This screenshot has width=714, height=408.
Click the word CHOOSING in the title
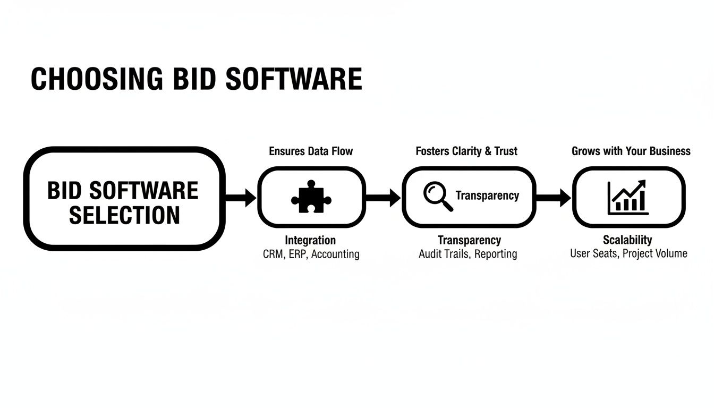click(97, 79)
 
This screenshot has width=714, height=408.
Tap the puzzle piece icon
click(311, 197)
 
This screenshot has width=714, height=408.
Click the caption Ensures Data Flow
click(311, 151)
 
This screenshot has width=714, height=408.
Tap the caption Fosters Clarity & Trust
click(466, 151)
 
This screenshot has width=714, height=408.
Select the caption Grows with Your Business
click(631, 151)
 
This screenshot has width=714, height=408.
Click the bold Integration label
click(310, 240)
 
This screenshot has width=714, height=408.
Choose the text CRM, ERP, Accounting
click(311, 254)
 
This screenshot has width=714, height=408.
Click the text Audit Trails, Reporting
click(467, 254)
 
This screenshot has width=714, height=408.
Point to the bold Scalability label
click(627, 240)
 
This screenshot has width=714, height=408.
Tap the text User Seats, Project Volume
click(628, 253)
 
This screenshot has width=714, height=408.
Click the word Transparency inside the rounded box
click(487, 195)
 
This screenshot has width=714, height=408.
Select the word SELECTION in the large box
click(124, 215)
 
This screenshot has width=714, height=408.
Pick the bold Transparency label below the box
click(469, 240)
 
